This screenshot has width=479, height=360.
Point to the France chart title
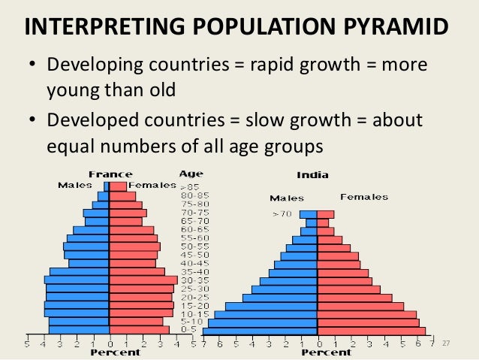110,174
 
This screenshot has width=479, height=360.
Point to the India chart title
312,175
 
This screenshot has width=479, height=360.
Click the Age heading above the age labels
191,174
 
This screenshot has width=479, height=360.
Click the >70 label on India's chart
285,214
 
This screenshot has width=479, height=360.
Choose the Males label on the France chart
75,185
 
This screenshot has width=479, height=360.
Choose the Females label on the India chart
364,197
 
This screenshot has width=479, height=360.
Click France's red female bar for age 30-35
143,280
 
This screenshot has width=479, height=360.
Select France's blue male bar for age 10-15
77,313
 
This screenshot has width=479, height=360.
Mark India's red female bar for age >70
325,214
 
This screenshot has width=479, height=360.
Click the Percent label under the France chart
116,352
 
